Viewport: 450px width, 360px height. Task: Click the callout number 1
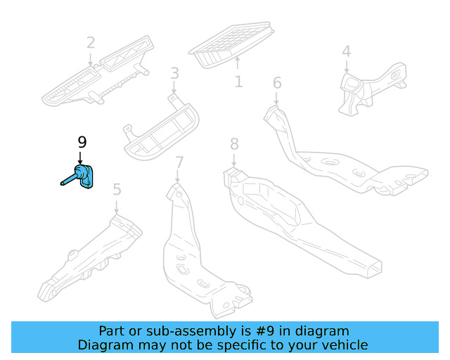click(239, 82)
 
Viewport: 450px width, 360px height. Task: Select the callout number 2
click(91, 43)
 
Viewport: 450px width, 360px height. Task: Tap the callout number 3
click(174, 73)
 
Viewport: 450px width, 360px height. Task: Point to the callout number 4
click(346, 51)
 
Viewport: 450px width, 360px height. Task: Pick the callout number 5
click(117, 188)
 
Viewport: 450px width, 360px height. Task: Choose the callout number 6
click(277, 83)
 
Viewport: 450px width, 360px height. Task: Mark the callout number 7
click(179, 163)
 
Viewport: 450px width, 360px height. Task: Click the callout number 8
click(234, 144)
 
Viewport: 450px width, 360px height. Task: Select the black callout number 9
click(82, 142)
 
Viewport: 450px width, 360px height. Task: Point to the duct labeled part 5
click(91, 257)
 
